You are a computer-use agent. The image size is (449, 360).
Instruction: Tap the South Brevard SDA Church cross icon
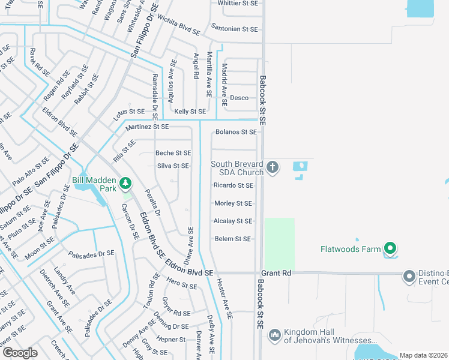[272, 166]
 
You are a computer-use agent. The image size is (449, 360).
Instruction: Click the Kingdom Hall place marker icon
[274, 334]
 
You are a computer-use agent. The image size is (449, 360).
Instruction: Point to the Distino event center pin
[409, 276]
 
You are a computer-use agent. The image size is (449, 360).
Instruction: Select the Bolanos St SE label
[237, 132]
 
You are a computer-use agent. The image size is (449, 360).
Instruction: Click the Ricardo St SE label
[233, 185]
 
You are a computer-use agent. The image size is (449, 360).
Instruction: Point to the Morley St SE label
[233, 203]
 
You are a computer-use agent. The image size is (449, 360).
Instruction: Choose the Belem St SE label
[232, 239]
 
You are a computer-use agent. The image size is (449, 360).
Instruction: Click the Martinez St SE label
[147, 127]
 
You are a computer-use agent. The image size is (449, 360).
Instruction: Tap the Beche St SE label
[173, 153]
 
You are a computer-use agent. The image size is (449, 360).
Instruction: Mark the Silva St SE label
[173, 166]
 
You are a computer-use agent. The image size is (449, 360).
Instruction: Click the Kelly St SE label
[190, 112]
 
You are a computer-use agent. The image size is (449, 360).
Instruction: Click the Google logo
[20, 353]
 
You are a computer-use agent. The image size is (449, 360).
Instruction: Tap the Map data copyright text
[424, 355]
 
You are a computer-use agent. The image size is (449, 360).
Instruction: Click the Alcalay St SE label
[233, 221]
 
